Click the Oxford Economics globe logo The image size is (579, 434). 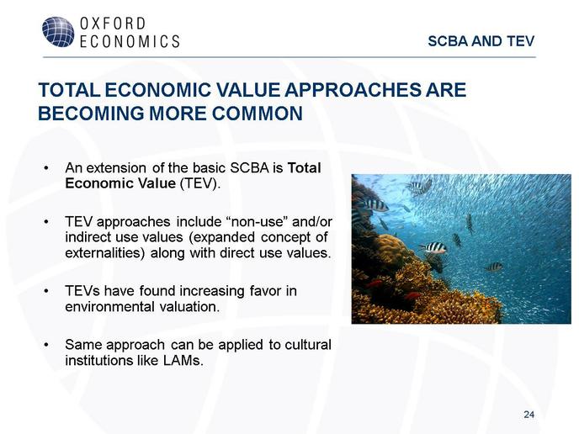pos(58,32)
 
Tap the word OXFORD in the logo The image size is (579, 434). pos(113,24)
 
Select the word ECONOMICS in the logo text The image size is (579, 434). pos(130,41)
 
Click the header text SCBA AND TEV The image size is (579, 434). pos(481,41)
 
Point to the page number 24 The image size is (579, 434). pos(529,415)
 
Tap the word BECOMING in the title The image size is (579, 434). pos(91,114)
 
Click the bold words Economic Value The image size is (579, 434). pos(120,183)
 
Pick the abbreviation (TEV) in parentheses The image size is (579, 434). pos(199,184)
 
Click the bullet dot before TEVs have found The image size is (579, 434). pos(46,292)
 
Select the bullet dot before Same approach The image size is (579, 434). pos(46,345)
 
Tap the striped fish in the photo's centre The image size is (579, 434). pos(433,247)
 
